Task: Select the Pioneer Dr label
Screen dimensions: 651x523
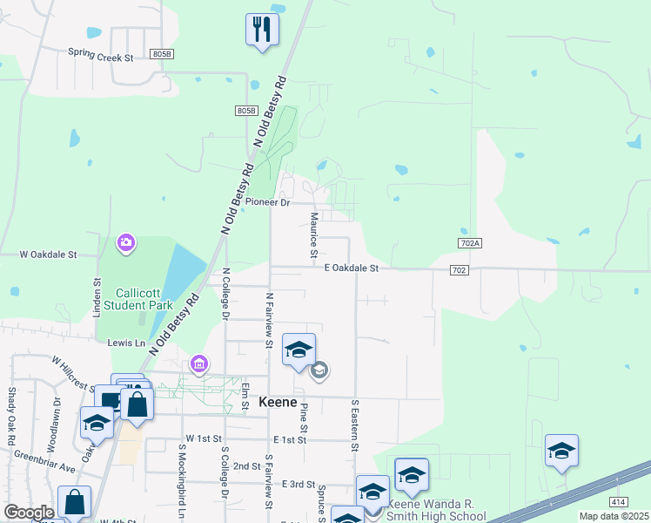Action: (x=267, y=202)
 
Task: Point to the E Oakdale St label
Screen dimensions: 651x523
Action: (x=352, y=269)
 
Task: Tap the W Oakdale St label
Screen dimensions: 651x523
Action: (x=49, y=255)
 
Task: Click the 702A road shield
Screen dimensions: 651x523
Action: (x=468, y=242)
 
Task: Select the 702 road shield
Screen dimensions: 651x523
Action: (x=460, y=270)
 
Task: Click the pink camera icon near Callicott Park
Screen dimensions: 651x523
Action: (x=127, y=242)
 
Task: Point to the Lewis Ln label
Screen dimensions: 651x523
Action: (x=126, y=344)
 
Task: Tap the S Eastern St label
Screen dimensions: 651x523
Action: (x=355, y=426)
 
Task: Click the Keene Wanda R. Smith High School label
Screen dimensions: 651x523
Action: (x=441, y=510)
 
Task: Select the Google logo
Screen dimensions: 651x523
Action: (x=29, y=513)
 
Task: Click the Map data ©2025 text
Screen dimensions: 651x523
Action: (x=614, y=516)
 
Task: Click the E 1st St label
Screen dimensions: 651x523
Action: (x=290, y=440)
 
